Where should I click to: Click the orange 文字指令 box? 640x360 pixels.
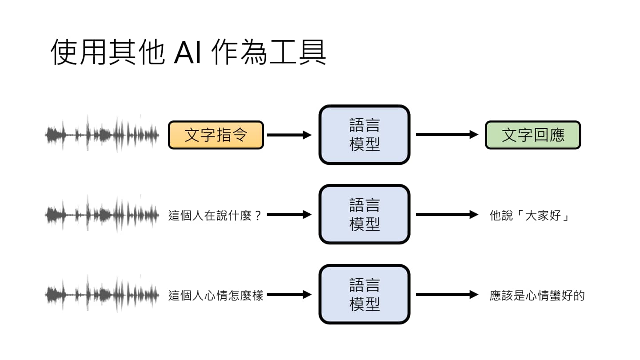(216, 135)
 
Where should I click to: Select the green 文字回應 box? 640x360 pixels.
(532, 135)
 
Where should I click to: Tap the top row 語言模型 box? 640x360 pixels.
(364, 135)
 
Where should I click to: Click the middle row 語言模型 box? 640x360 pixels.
(364, 215)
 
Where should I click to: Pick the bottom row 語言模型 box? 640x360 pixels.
(364, 294)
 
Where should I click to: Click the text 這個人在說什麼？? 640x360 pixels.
(215, 216)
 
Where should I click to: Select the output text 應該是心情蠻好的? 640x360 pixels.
(537, 296)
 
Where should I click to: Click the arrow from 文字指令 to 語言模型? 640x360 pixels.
(289, 135)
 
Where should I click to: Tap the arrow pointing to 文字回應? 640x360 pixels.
(447, 135)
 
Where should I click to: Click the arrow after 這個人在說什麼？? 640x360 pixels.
(289, 215)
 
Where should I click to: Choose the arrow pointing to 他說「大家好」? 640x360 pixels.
(447, 215)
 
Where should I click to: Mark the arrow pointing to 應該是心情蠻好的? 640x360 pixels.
(447, 294)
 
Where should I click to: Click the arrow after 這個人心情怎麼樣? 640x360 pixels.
(289, 294)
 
